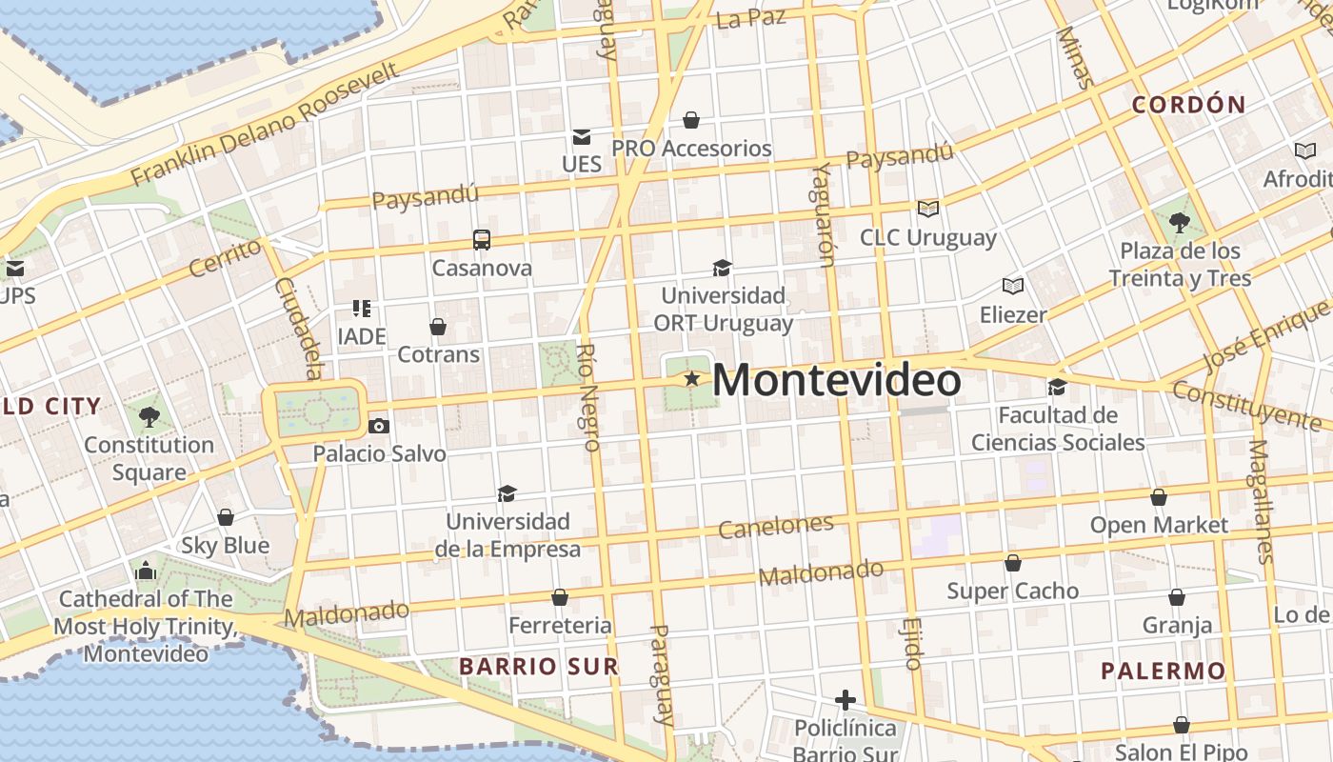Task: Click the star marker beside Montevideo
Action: click(692, 379)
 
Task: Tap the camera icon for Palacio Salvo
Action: click(379, 426)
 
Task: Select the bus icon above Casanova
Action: click(482, 239)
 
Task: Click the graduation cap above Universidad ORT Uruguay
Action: click(723, 268)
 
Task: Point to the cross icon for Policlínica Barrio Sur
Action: click(845, 701)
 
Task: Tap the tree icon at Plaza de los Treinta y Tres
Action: click(1180, 224)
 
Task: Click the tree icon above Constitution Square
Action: click(149, 416)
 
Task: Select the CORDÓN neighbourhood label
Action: click(1188, 105)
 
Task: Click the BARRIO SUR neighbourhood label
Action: click(539, 666)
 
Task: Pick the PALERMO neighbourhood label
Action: click(1163, 671)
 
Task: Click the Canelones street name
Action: click(776, 526)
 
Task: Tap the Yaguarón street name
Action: click(824, 214)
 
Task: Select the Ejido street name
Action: click(911, 642)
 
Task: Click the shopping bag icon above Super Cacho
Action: click(1012, 563)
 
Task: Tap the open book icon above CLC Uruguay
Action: click(927, 209)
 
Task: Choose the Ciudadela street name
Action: click(300, 329)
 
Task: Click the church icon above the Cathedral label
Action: click(146, 571)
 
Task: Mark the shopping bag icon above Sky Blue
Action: click(226, 517)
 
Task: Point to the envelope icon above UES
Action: click(581, 137)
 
